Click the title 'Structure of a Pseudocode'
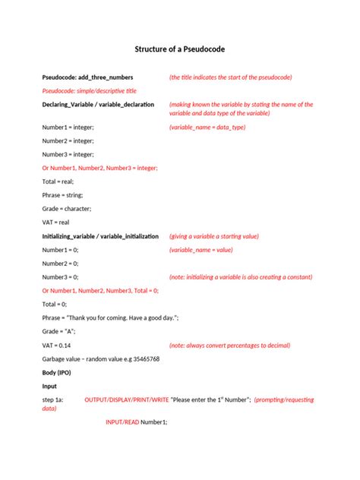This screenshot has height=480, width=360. [180, 49]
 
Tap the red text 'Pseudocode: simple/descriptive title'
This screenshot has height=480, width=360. [90, 90]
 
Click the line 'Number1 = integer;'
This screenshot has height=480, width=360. [68, 128]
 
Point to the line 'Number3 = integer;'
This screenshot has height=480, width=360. [68, 154]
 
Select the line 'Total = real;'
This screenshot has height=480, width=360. [59, 182]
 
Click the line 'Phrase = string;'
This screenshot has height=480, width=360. [62, 195]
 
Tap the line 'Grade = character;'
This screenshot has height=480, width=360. [67, 208]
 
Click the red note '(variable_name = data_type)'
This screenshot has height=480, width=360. [207, 128]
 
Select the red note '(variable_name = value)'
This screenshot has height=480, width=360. [201, 250]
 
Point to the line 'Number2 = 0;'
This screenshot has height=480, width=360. [60, 264]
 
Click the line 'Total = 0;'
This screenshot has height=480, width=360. [55, 304]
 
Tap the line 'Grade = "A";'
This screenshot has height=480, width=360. [58, 331]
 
